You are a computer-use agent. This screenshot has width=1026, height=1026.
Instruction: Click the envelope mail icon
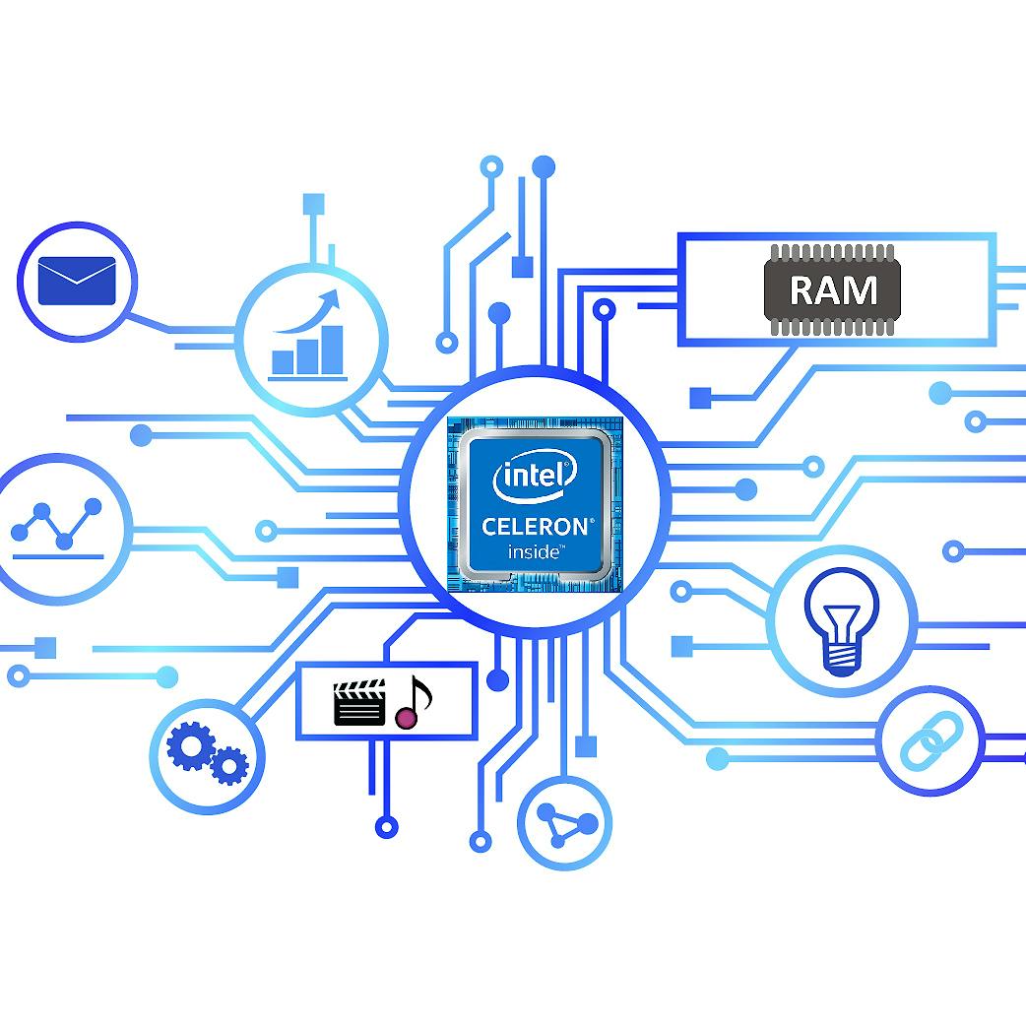click(x=77, y=281)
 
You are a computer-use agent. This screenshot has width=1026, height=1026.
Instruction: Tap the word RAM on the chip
click(x=832, y=289)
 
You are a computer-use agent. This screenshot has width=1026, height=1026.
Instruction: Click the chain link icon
click(x=931, y=740)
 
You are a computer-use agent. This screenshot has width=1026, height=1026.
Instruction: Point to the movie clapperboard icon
click(x=359, y=702)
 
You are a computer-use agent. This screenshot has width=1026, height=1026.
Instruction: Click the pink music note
click(x=413, y=703)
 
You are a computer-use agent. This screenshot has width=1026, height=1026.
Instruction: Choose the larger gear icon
click(x=190, y=745)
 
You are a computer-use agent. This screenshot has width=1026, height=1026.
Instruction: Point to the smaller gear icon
click(x=229, y=765)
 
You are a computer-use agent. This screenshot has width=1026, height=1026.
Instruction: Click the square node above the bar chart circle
click(x=313, y=204)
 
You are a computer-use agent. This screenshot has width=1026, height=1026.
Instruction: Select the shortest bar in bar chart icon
click(x=283, y=361)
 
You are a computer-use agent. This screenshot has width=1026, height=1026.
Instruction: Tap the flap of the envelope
click(x=77, y=270)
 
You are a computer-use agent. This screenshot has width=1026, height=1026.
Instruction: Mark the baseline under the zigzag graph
click(x=57, y=557)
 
